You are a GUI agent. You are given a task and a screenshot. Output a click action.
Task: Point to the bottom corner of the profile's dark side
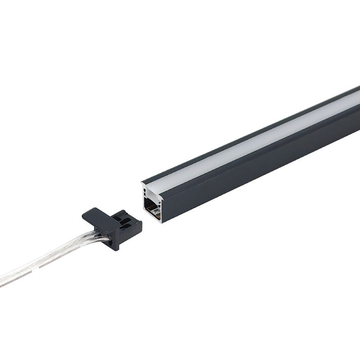164,221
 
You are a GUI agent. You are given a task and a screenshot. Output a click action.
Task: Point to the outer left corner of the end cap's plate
83,216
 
